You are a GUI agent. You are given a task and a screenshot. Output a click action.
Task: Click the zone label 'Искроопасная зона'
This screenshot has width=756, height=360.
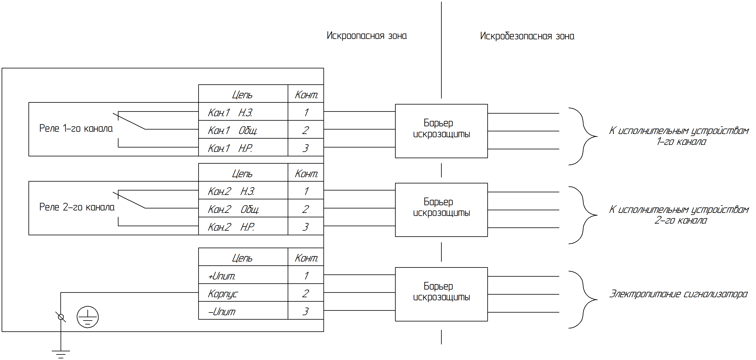[367, 36]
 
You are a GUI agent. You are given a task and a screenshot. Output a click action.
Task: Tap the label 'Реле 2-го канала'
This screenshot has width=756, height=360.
[77, 207]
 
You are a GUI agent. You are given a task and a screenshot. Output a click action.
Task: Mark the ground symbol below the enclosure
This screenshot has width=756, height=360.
[61, 354]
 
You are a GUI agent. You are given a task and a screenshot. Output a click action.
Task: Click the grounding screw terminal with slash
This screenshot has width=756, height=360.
[61, 317]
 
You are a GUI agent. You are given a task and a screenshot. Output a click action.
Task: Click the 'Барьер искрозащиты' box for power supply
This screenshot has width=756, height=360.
[441, 294]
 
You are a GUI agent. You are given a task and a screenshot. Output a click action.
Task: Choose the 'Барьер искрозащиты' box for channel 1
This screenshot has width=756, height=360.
[441, 131]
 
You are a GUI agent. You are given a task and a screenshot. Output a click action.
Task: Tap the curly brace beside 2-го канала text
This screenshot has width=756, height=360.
[583, 215]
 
